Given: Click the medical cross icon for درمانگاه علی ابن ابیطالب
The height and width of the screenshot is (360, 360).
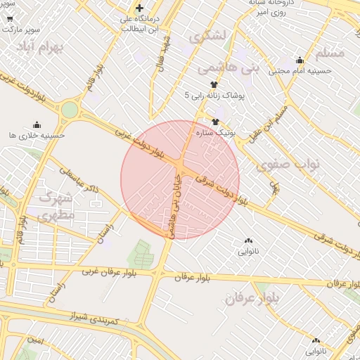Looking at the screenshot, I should [x=140, y=8].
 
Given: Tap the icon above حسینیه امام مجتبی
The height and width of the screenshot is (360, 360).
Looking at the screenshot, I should [x=300, y=60].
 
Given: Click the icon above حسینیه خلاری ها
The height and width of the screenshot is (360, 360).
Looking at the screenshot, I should [x=37, y=125].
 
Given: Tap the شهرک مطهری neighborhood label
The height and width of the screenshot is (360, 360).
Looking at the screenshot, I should [x=54, y=206].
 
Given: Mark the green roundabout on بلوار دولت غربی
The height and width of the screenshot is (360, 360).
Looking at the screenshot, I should [x=70, y=110].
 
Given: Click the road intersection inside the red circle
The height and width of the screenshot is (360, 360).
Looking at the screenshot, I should [x=179, y=166].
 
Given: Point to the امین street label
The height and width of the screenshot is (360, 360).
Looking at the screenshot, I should [x=36, y=340].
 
